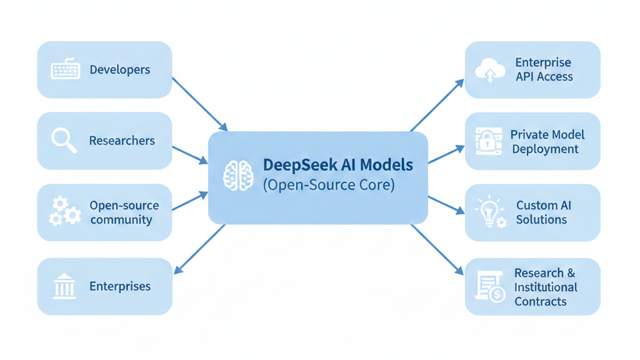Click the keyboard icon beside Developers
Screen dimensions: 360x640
(x=65, y=69)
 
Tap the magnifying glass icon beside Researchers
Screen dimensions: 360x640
(x=64, y=140)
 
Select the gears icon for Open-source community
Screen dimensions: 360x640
(x=64, y=211)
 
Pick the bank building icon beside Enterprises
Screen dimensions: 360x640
(x=64, y=286)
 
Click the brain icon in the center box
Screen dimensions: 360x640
(x=238, y=176)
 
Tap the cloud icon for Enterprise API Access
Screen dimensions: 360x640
(x=490, y=70)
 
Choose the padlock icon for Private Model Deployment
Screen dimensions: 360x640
(x=488, y=141)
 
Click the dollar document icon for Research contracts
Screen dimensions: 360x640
(x=490, y=287)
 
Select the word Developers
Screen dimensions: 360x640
(x=119, y=69)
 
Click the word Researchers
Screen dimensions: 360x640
(x=122, y=141)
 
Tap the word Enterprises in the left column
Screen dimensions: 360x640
(x=120, y=287)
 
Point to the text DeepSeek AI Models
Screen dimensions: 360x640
(x=338, y=165)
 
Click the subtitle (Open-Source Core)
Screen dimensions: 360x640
(x=329, y=186)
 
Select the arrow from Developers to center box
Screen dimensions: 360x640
(x=199, y=104)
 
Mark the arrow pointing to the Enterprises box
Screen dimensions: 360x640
(x=199, y=249)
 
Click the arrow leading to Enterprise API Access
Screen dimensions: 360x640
(x=437, y=106)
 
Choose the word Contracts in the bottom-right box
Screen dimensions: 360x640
(x=541, y=301)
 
